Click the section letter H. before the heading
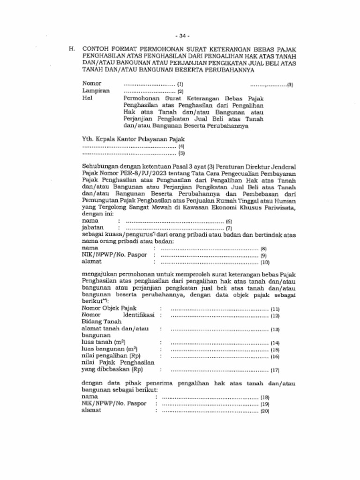pyautogui.click(x=72, y=49)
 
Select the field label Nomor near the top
pyautogui.click(x=91, y=84)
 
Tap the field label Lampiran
pyautogui.click(x=96, y=91)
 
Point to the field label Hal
pyautogui.click(x=87, y=98)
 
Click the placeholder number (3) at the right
pyautogui.click(x=291, y=85)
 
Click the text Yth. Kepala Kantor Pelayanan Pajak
pyautogui.click(x=133, y=139)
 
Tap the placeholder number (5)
pyautogui.click(x=182, y=153)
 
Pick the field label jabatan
pyautogui.click(x=92, y=228)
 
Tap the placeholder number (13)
pyautogui.click(x=275, y=330)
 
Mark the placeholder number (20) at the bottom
pyautogui.click(x=265, y=411)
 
